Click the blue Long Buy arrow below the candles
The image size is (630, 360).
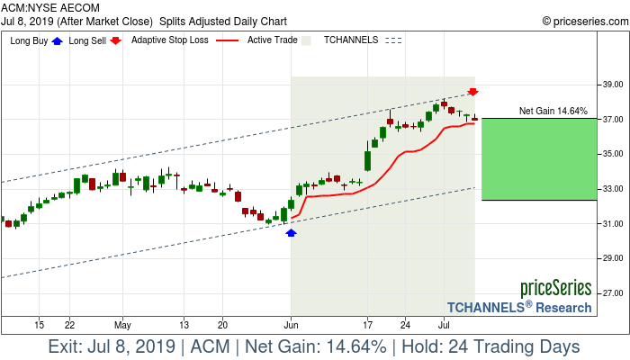[x=291, y=232]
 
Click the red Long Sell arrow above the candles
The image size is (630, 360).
[x=473, y=92]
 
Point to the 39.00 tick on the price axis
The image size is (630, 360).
[x=613, y=85]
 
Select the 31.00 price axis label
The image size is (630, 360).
[x=613, y=224]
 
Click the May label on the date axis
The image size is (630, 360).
[x=123, y=323]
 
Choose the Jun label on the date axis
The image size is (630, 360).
[x=291, y=323]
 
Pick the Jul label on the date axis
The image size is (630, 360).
[x=444, y=323]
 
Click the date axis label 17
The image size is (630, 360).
[x=368, y=323]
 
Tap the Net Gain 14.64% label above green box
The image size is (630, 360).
[x=553, y=112]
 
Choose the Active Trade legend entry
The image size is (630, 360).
[x=272, y=40]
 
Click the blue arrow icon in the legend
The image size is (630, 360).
[x=58, y=40]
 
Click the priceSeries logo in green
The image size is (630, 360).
[x=555, y=288]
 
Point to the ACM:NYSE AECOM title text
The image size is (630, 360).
[x=50, y=7]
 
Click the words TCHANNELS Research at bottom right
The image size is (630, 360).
[x=519, y=307]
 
